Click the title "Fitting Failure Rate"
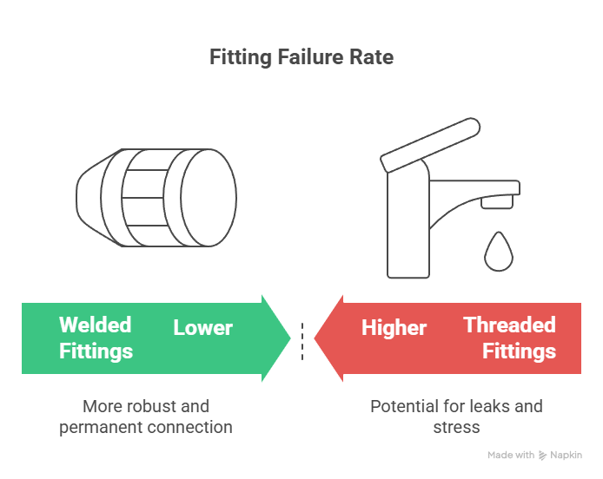click(x=301, y=57)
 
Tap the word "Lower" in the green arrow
click(x=202, y=328)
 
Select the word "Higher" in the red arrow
click(x=394, y=328)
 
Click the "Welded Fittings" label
click(x=96, y=338)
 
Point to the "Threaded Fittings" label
click(x=509, y=338)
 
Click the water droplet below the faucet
click(x=499, y=252)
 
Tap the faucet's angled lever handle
click(x=430, y=144)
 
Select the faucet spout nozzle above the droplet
click(x=497, y=201)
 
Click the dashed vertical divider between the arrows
click(x=302, y=341)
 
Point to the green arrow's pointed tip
click(x=290, y=338)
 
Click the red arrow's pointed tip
click(x=315, y=338)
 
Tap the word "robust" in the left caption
click(x=146, y=406)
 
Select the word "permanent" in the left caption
click(x=101, y=428)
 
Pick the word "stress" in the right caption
click(x=456, y=428)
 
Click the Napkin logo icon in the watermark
click(x=542, y=456)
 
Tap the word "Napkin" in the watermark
click(x=567, y=456)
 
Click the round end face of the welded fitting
click(x=209, y=198)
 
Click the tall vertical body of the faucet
click(x=408, y=225)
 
